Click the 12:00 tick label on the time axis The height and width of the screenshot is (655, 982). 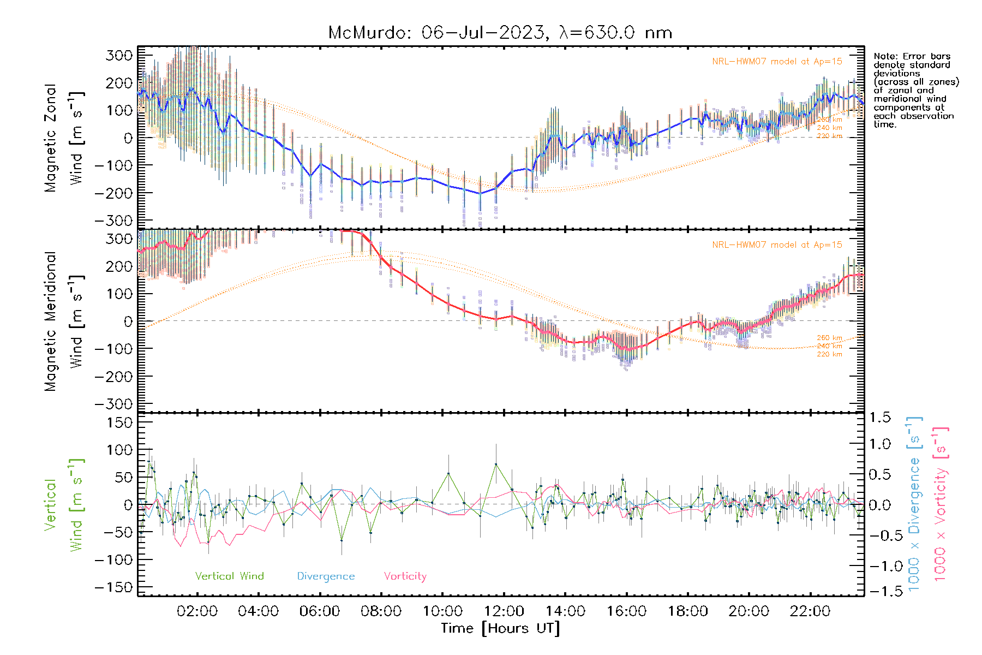(504, 611)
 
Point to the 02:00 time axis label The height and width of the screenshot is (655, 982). (197, 611)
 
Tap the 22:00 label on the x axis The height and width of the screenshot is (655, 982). (810, 611)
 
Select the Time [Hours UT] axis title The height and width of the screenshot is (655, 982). (500, 629)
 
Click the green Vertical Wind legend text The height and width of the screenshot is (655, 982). (229, 576)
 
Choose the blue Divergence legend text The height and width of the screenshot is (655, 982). (326, 576)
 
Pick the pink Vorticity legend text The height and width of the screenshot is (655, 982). (405, 576)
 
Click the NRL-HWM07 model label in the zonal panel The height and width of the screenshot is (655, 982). (777, 62)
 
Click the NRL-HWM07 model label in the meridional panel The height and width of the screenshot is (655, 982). (777, 245)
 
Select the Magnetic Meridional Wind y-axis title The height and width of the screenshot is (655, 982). (64, 321)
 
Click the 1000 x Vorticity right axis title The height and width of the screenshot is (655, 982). (941, 503)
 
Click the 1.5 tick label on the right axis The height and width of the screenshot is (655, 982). (879, 418)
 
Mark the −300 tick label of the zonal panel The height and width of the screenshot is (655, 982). (113, 221)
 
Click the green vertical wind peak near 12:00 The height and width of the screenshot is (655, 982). (496, 464)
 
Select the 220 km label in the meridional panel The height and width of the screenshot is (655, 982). (829, 355)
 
